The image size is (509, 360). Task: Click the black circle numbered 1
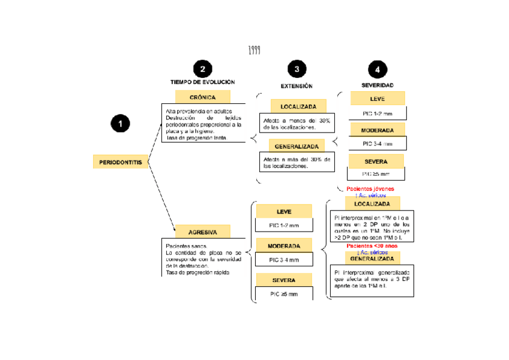click(120, 124)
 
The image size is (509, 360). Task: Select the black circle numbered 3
click(296, 69)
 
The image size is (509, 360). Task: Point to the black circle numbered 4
click(377, 70)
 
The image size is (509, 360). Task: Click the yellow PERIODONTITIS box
click(120, 162)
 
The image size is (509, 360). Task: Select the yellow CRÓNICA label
click(202, 97)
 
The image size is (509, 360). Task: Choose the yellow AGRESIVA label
click(202, 232)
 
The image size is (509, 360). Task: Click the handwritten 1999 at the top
click(254, 50)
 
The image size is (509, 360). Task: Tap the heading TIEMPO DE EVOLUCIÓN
click(202, 82)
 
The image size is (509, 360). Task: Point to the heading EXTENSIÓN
click(297, 86)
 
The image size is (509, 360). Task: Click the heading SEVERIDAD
click(377, 86)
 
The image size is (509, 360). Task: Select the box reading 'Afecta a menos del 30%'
click(297, 124)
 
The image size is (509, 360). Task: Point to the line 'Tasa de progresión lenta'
click(197, 138)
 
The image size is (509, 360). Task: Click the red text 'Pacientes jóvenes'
click(370, 188)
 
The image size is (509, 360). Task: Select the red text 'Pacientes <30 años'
click(372, 246)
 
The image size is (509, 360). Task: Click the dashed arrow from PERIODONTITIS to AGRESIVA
click(161, 197)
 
